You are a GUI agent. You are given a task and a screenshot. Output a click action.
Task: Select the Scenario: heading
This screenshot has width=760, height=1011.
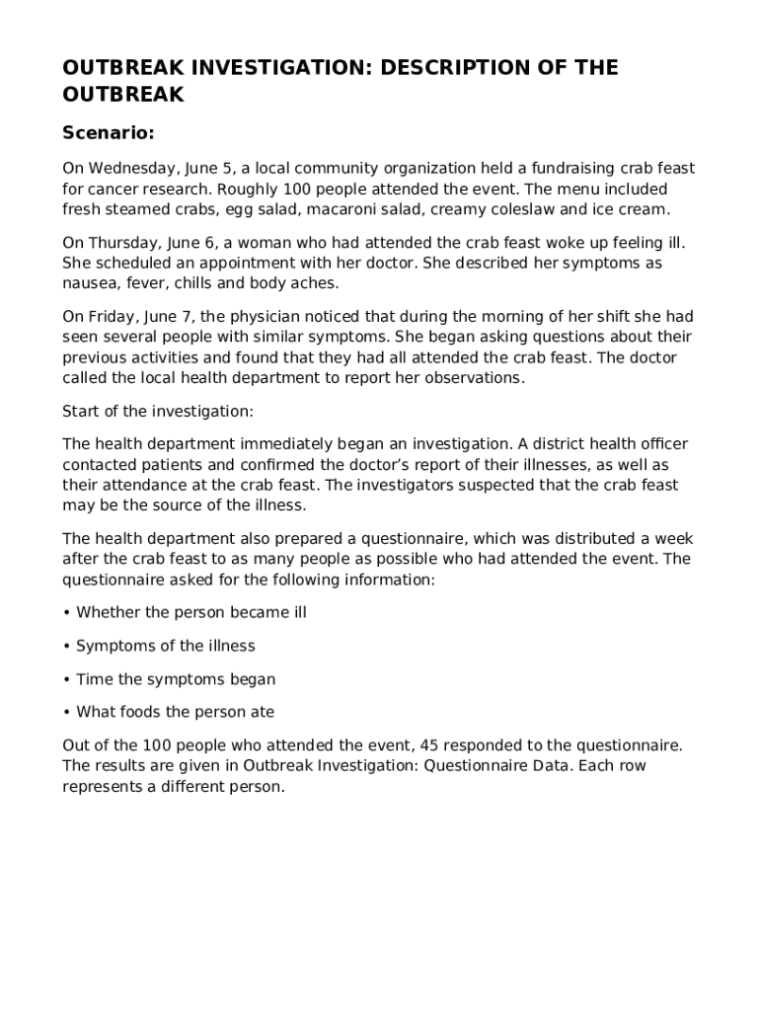[109, 132]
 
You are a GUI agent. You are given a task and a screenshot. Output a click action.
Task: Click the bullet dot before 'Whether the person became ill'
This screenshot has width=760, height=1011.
[66, 613]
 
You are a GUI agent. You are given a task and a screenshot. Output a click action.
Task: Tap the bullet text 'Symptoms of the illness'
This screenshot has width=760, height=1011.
[166, 646]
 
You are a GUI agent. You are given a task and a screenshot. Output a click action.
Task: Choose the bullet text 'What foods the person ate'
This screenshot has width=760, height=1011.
[176, 712]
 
